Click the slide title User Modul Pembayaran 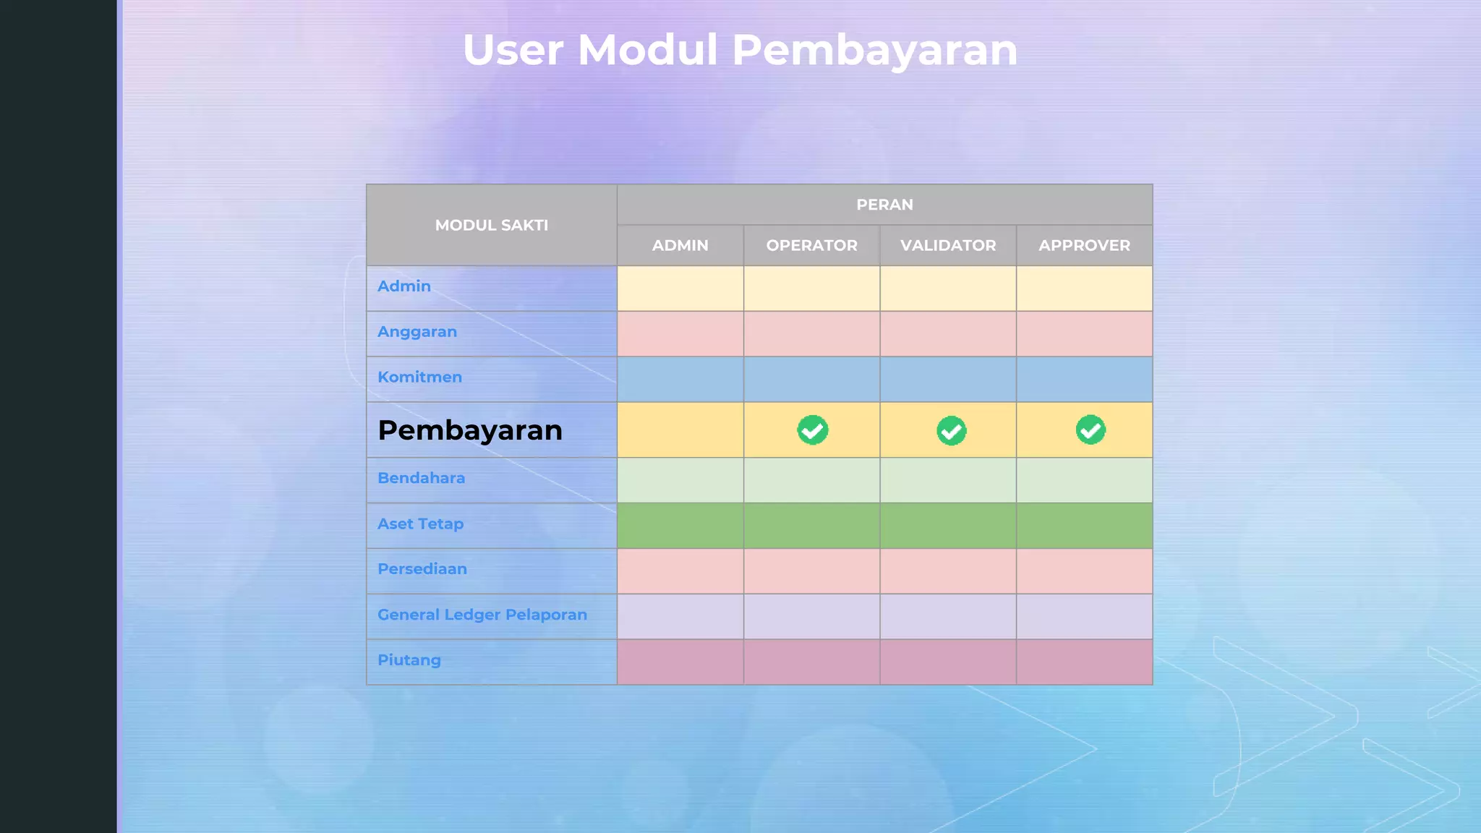point(740,50)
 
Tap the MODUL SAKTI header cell point(491,225)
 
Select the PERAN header point(884,205)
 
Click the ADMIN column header point(680,245)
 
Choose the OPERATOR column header point(811,245)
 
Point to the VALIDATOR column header point(947,245)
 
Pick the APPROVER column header point(1084,245)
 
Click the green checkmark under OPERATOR point(813,430)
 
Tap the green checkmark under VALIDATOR point(952,430)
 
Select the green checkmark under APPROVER point(1091,430)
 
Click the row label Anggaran point(417,332)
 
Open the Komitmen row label point(419,377)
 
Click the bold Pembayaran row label point(470,430)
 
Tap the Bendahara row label point(421,478)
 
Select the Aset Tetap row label point(420,524)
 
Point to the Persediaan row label point(422,569)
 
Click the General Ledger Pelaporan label point(482,615)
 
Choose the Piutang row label point(409,660)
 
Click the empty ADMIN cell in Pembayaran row point(680,430)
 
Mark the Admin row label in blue point(404,286)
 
